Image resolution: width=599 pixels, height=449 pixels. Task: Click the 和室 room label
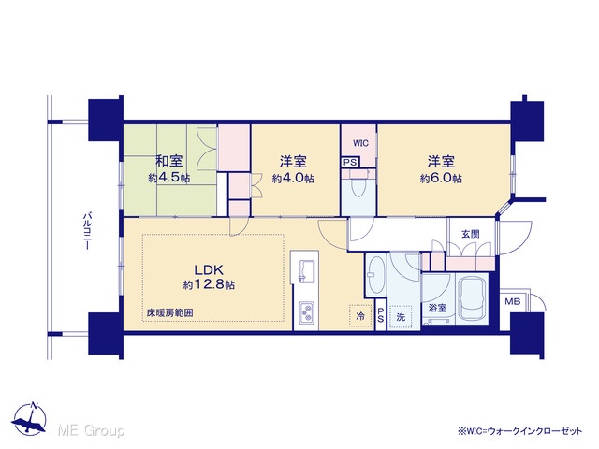pyautogui.click(x=168, y=161)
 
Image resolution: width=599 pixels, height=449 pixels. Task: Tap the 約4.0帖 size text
pyautogui.click(x=293, y=178)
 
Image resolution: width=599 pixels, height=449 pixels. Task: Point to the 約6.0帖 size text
pyautogui.click(x=441, y=178)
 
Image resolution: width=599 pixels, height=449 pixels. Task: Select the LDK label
pyautogui.click(x=209, y=270)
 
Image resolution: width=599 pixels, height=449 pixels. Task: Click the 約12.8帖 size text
pyautogui.click(x=209, y=284)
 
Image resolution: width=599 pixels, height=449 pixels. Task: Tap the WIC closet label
pyautogui.click(x=360, y=143)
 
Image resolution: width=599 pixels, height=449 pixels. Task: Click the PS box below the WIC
pyautogui.click(x=350, y=162)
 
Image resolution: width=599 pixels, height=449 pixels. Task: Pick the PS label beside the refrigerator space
pyautogui.click(x=381, y=314)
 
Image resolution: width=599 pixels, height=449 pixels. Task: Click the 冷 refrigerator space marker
pyautogui.click(x=360, y=316)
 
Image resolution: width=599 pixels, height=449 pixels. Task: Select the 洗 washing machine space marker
pyautogui.click(x=401, y=316)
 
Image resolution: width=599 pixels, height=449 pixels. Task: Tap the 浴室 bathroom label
pyautogui.click(x=437, y=308)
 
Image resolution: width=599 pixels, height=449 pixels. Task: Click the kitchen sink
pyautogui.click(x=306, y=271)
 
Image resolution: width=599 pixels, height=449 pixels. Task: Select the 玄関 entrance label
pyautogui.click(x=470, y=234)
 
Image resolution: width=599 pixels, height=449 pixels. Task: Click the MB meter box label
pyautogui.click(x=513, y=301)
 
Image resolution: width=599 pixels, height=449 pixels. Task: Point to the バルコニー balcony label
pyautogui.click(x=87, y=231)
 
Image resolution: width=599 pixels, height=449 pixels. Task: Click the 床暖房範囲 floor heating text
pyautogui.click(x=170, y=313)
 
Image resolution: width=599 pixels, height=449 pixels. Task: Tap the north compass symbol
pyautogui.click(x=29, y=419)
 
